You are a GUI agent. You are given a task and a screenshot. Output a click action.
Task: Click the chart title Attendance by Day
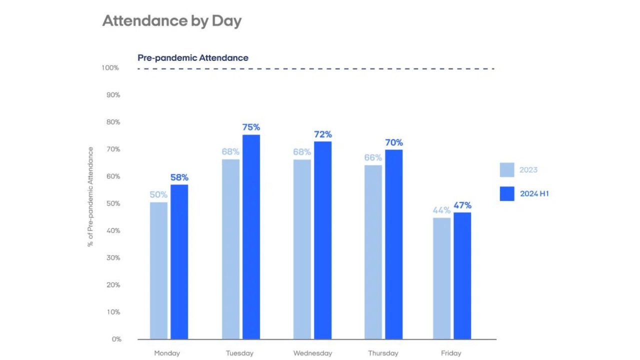[172, 21]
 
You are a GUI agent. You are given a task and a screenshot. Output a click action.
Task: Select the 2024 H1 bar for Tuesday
[251, 237]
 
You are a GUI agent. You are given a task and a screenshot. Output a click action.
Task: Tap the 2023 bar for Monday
[158, 270]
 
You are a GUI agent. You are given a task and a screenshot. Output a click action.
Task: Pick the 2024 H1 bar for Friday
[462, 275]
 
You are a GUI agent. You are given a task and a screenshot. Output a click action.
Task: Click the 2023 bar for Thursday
[373, 252]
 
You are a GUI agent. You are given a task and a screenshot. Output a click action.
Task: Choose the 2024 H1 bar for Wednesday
[323, 240]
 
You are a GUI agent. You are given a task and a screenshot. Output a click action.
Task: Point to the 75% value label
[251, 127]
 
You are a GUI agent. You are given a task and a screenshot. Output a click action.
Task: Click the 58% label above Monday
[179, 177]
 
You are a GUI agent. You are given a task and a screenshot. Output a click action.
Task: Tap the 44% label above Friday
[441, 210]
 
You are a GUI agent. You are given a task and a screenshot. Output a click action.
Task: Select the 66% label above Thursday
[373, 157]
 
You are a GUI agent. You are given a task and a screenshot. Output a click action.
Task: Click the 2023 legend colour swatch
[507, 169]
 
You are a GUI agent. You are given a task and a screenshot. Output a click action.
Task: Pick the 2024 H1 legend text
[534, 193]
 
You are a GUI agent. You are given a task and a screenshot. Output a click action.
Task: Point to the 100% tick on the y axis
[110, 67]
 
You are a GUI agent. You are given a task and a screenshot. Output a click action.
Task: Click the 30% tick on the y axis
[113, 257]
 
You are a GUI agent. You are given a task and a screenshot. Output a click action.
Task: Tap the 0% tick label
[116, 339]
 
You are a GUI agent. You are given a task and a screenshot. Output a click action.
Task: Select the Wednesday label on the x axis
[312, 353]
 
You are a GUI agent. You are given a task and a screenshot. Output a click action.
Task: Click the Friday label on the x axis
[451, 353]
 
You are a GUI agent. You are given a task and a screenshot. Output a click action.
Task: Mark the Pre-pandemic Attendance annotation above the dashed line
[193, 57]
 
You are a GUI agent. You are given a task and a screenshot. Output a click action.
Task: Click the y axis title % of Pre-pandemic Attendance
[90, 196]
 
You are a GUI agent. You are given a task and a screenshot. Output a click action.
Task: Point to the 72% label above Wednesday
[323, 134]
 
